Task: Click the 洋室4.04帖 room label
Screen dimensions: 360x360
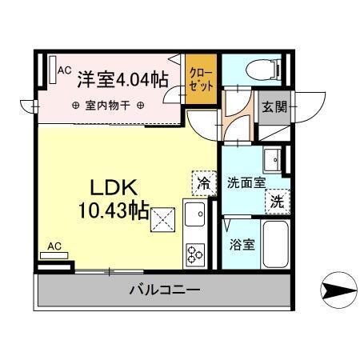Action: [122, 79]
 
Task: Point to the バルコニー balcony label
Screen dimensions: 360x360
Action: [165, 289]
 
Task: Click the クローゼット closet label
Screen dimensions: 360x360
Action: [200, 79]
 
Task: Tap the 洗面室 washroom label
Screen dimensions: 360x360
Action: [245, 182]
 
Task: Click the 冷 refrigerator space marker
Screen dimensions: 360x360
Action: [203, 183]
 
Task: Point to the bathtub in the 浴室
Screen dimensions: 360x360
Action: [275, 244]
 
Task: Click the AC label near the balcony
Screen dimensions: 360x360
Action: [55, 246]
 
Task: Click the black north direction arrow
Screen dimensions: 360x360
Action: [339, 286]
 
